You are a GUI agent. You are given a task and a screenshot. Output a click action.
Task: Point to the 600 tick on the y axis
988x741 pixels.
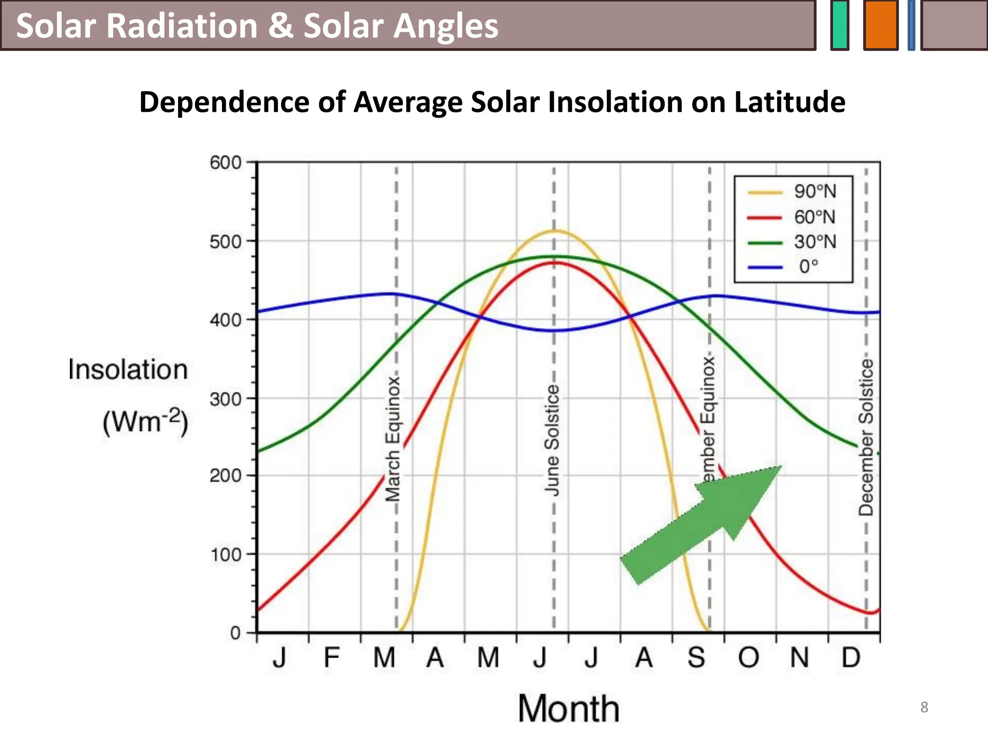(x=225, y=163)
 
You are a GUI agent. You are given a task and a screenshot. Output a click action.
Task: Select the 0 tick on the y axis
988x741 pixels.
(x=235, y=632)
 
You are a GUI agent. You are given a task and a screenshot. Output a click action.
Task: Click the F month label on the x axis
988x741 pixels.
(x=331, y=658)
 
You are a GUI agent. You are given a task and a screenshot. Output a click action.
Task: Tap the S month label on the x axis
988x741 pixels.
(x=696, y=658)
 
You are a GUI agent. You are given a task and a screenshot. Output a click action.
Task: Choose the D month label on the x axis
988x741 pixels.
(x=851, y=658)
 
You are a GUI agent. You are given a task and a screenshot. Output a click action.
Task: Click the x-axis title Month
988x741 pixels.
(x=568, y=709)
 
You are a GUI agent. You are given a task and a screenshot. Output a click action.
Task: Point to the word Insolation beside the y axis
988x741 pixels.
(x=128, y=370)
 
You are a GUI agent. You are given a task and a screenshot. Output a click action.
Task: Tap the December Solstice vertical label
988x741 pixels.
(x=866, y=437)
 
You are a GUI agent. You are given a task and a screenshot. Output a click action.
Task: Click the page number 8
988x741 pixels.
(x=924, y=707)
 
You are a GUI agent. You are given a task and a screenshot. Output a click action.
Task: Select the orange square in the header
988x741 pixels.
(x=880, y=25)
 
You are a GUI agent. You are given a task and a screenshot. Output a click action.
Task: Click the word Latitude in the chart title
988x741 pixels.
(x=789, y=102)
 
